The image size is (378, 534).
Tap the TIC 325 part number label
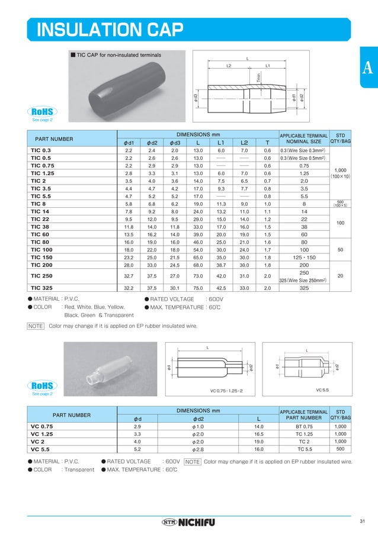coord(41,288)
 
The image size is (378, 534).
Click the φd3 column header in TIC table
coord(175,143)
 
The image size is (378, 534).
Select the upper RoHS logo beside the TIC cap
coord(42,111)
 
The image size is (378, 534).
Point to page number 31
coord(363,521)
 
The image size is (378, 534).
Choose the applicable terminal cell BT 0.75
coord(303,426)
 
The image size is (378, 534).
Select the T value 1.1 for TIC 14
coord(267,211)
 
